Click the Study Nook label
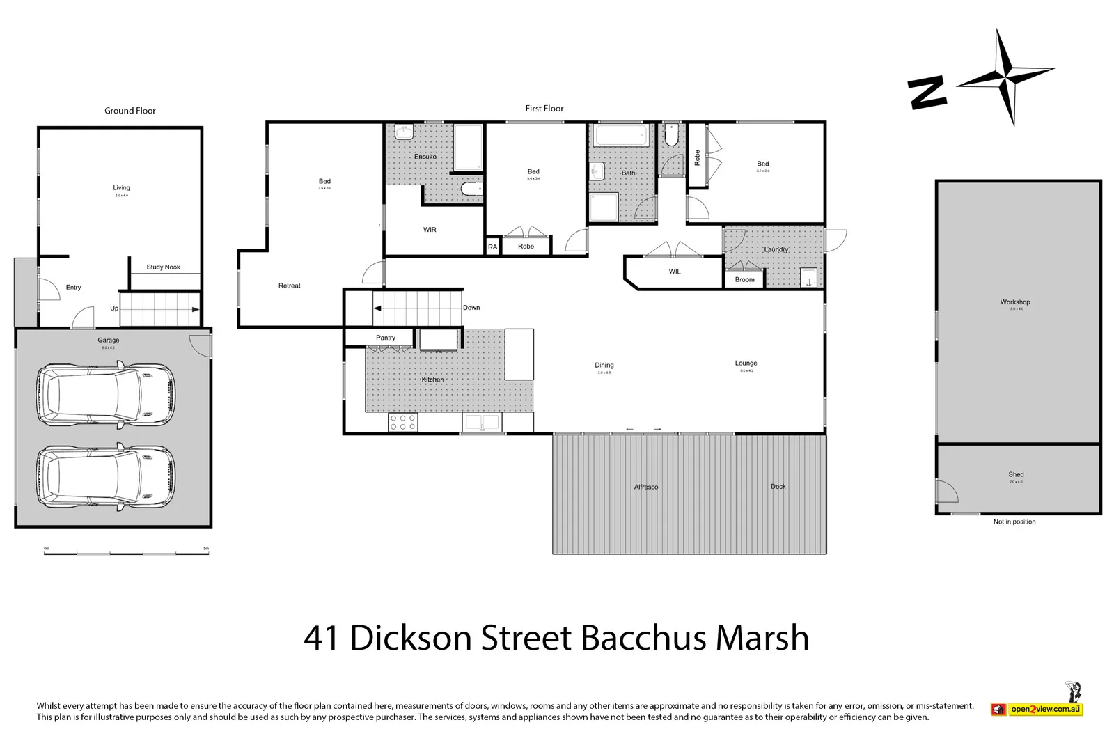point(163,267)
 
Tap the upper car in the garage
point(106,394)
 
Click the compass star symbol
point(1005,77)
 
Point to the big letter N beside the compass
point(927,93)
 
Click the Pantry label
point(385,338)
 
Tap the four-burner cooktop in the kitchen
point(402,422)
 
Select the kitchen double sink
point(481,422)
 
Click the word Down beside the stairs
point(471,308)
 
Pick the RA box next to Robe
point(492,247)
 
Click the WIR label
point(430,230)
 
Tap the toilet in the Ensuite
point(471,189)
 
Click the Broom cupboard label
point(744,280)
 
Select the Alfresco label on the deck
point(645,487)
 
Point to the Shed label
point(1016,475)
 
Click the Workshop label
point(1014,302)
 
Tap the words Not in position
point(1014,522)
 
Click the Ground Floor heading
point(130,111)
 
